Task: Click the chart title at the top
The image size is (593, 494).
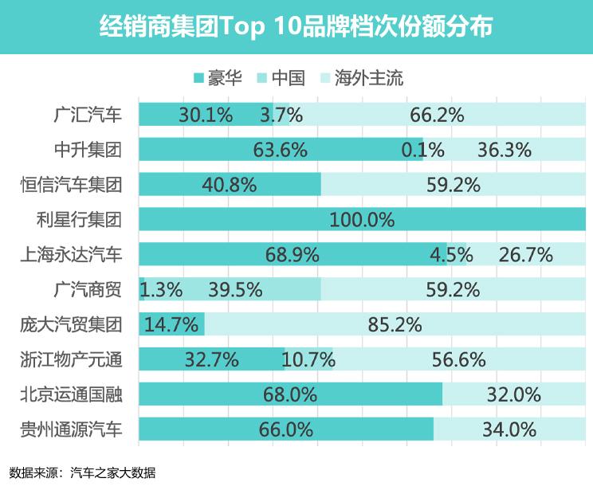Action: coord(296,26)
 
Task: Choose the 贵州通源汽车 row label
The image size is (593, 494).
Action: coord(72,429)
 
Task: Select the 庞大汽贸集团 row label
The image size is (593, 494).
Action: coord(72,324)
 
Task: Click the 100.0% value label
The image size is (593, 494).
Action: coord(362,219)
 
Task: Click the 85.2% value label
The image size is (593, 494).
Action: coord(395,324)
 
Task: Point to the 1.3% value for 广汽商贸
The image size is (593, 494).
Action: coord(161,289)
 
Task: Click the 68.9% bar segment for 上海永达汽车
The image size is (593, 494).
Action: coord(292,254)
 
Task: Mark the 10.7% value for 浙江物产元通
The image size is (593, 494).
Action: coord(308,359)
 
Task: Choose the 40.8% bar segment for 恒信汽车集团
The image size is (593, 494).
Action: coord(230,184)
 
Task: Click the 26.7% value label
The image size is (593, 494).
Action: coord(525,254)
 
